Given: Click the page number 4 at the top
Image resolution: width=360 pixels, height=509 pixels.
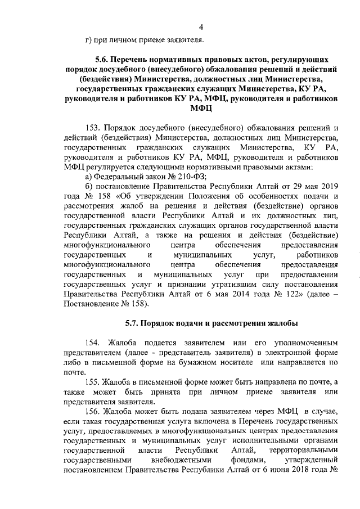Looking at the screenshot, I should coord(201,26).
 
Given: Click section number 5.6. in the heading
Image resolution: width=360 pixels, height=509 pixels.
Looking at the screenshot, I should coord(102,59).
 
